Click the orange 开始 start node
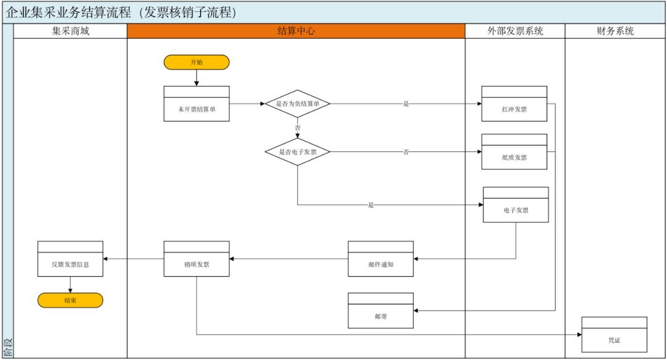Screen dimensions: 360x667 196,62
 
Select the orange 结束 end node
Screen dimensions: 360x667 70,301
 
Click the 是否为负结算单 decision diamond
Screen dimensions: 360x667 298,104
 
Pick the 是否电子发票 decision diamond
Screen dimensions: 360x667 298,151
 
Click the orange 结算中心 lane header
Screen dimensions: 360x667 296,31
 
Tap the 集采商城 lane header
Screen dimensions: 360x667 70,31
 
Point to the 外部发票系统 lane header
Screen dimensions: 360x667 515,31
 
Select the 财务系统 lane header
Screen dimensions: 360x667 615,31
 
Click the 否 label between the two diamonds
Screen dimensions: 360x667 298,127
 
